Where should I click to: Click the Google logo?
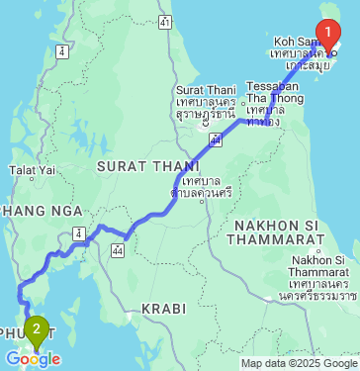(32, 359)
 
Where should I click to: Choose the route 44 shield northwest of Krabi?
(118, 252)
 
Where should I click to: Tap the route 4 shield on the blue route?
(76, 235)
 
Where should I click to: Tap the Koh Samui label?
(297, 41)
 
